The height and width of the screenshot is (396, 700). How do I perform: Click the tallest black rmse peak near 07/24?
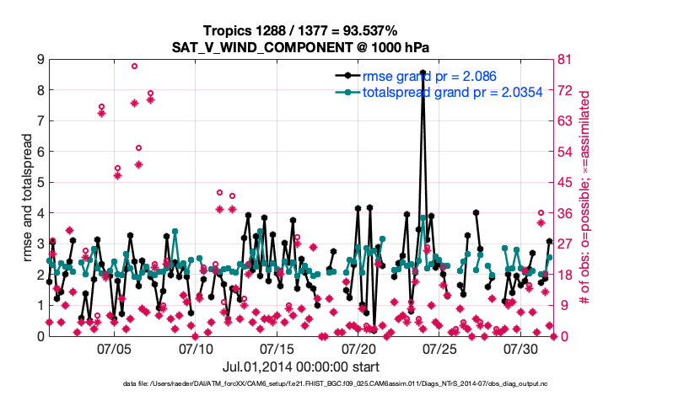click(423, 72)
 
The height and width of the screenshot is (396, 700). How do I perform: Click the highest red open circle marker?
click(134, 66)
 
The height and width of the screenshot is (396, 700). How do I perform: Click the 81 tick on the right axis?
click(567, 59)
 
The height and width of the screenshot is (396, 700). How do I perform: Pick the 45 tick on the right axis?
click(567, 182)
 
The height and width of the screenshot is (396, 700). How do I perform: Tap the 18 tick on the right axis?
click(567, 275)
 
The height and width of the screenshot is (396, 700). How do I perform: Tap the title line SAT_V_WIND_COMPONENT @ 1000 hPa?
click(301, 45)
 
